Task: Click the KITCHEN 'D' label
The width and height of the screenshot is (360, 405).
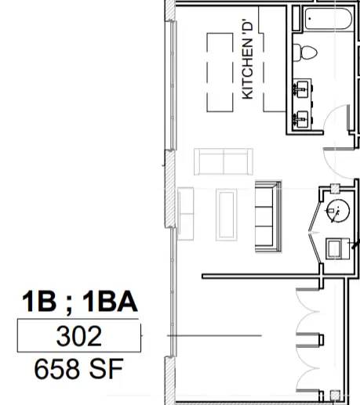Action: [248, 59]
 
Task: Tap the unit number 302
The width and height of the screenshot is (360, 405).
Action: [79, 336]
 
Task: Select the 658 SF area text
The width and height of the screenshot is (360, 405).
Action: [78, 369]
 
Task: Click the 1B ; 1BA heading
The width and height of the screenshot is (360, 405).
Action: [80, 302]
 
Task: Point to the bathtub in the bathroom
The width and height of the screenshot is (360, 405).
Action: [328, 19]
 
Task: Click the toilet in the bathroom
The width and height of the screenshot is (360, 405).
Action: [305, 52]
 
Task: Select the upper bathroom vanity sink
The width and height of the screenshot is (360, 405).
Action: [303, 89]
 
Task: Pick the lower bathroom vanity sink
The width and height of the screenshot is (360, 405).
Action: [303, 119]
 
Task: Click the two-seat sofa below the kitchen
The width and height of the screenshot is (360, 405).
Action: [224, 161]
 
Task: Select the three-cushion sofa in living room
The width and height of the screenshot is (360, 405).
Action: [268, 216]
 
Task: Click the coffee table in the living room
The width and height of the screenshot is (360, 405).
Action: [227, 215]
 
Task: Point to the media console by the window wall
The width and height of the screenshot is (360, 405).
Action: [186, 214]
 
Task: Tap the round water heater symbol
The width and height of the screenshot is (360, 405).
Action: [338, 211]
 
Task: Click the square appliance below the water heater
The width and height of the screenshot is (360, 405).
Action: [337, 249]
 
